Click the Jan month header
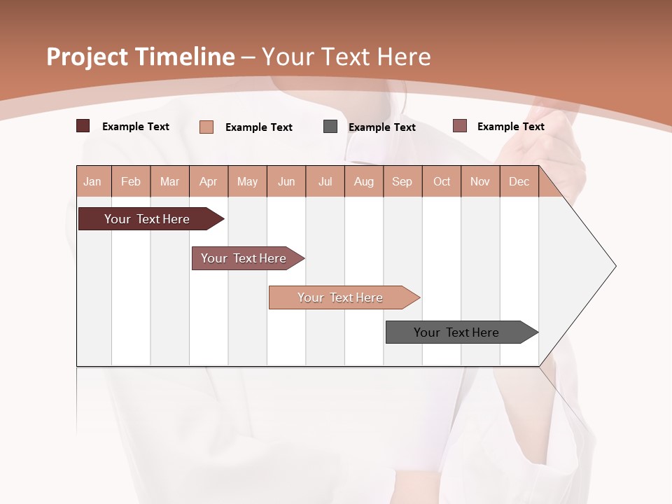point(92,181)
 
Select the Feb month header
point(131,181)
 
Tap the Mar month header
point(169,181)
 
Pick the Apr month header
point(208,181)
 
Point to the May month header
point(247,181)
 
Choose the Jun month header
point(286,181)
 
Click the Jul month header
point(325,181)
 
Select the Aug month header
point(364,181)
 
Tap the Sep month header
point(402,181)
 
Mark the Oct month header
point(442,181)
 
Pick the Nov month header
point(480,181)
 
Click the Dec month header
point(519,181)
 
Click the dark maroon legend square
point(83,126)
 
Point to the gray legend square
point(330,127)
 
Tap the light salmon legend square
point(206,127)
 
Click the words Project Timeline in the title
point(141,57)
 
